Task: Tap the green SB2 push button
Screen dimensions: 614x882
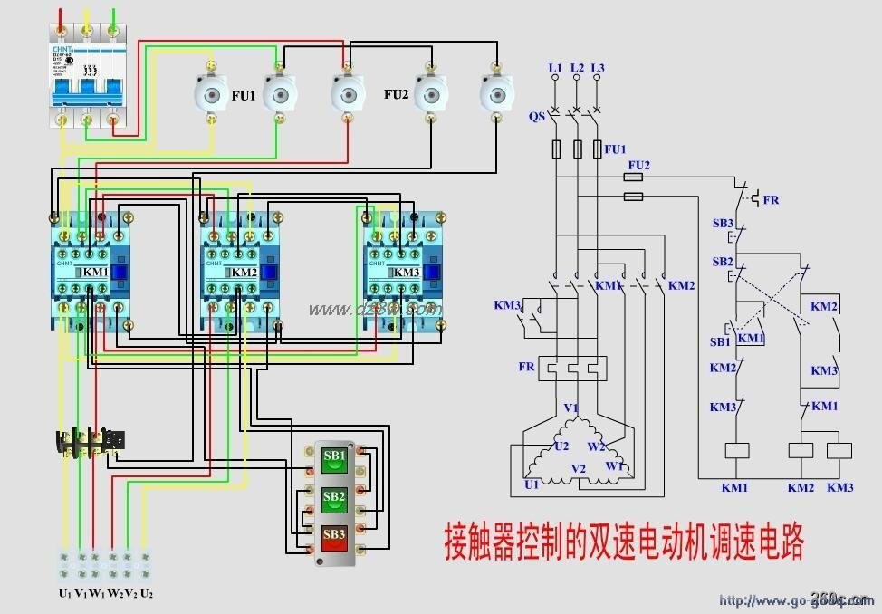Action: click(334, 498)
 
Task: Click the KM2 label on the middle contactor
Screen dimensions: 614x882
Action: click(244, 272)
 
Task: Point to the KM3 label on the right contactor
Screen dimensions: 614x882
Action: click(406, 272)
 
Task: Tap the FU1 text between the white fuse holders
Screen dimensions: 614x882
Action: click(243, 95)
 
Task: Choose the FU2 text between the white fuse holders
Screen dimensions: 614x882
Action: click(397, 94)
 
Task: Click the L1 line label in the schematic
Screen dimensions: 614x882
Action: click(555, 68)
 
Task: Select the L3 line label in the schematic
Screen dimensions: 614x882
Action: click(597, 68)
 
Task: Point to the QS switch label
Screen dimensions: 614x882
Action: click(537, 115)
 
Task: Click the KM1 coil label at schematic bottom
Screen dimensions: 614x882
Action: click(734, 487)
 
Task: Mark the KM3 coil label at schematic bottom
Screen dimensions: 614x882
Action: click(839, 487)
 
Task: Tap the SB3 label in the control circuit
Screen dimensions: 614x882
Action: click(722, 223)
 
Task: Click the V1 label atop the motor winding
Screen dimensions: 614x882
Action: click(570, 408)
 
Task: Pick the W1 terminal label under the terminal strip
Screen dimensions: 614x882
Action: click(97, 593)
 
